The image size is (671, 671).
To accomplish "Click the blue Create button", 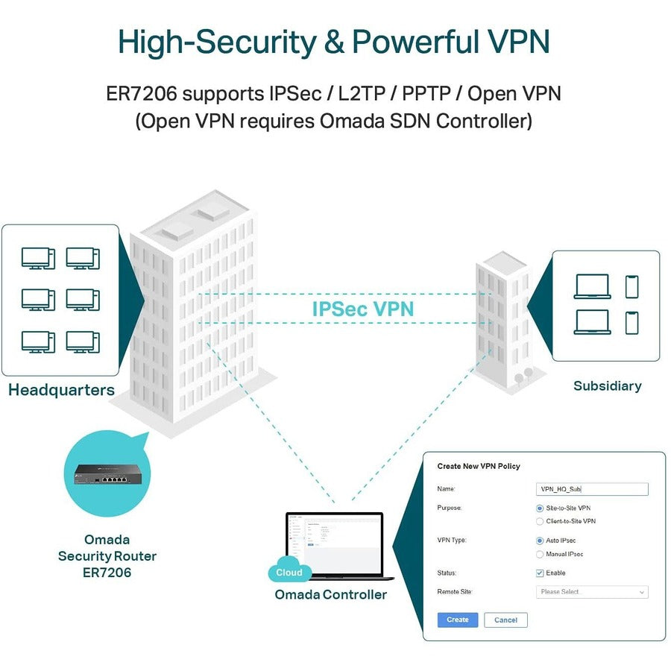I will click(x=457, y=620).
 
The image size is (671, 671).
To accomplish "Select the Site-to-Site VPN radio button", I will click(x=540, y=508).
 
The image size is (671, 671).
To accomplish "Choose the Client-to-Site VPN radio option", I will click(x=540, y=521).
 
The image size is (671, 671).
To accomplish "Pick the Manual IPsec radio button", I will click(x=540, y=554).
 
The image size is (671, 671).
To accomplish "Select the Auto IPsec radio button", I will click(x=540, y=541).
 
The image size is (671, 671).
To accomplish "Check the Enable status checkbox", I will click(x=540, y=573).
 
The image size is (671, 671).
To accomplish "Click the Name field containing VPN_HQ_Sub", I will click(x=592, y=489).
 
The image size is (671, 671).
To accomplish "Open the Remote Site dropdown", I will click(x=592, y=592).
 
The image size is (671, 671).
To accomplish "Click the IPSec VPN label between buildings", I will click(x=362, y=309).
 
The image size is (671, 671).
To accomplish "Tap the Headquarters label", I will click(x=61, y=390).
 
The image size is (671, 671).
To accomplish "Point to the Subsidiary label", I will click(x=607, y=386).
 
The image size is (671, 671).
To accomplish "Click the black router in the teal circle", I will click(x=107, y=473).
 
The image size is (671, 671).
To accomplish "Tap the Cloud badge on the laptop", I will click(x=289, y=573).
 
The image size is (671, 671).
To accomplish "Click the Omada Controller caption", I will click(x=331, y=594).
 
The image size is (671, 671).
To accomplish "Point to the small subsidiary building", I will click(x=503, y=321).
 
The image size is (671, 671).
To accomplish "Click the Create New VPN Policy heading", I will click(x=479, y=467).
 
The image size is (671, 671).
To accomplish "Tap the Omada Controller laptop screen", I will click(x=334, y=544).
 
